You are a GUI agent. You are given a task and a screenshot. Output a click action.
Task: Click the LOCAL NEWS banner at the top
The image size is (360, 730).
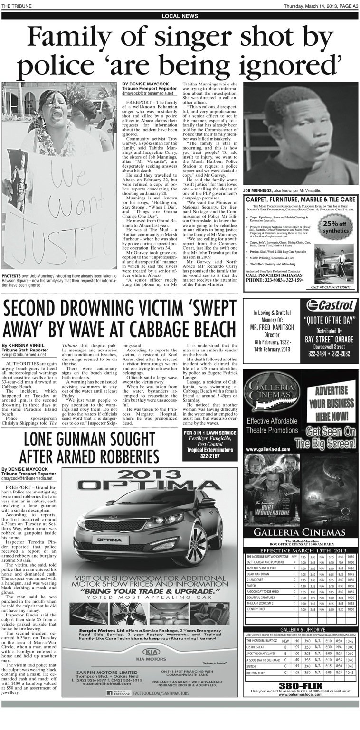[180, 16]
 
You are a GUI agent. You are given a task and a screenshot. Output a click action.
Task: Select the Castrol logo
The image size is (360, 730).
[330, 305]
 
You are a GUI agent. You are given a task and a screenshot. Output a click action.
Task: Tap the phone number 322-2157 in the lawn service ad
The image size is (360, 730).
[210, 456]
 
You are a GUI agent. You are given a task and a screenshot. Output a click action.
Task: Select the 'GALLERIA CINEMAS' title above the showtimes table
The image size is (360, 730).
[299, 532]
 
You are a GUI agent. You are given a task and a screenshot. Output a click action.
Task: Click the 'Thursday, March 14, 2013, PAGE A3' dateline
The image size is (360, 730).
[321, 6]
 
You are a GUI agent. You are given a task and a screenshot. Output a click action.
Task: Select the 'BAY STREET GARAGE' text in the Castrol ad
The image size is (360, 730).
[329, 340]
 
